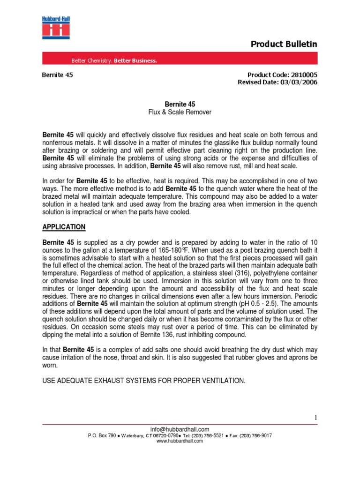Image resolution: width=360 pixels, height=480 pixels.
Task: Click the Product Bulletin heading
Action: [x=284, y=44]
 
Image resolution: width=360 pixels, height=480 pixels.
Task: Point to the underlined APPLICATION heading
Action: [x=64, y=227]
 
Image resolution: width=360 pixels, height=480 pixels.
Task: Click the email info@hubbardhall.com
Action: [x=180, y=429]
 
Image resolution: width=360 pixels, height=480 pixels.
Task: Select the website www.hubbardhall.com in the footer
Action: [x=180, y=441]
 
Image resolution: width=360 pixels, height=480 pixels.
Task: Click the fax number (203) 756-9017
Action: [x=255, y=435]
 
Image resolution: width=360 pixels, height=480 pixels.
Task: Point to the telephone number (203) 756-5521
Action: [x=206, y=435]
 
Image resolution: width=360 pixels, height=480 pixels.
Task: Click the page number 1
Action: [x=316, y=417]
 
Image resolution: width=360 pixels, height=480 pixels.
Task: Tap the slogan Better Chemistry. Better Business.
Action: [x=114, y=60]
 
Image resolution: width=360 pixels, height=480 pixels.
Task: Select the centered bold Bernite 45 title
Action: [x=180, y=104]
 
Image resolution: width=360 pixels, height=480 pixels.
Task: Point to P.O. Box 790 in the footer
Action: [x=101, y=435]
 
